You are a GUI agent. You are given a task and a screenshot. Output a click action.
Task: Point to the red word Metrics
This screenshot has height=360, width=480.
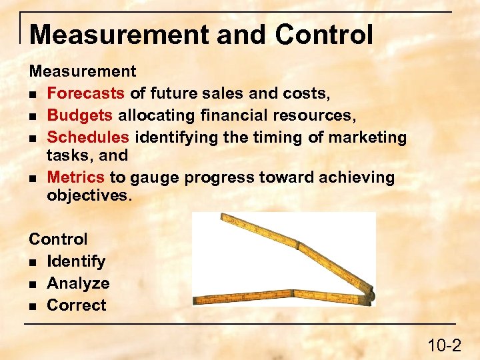(x=76, y=177)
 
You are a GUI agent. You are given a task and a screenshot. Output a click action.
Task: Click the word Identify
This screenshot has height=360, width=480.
(x=76, y=261)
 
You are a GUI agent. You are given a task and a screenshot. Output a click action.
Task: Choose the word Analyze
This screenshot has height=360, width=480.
(x=78, y=283)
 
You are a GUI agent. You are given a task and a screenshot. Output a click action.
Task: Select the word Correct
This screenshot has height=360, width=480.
(x=77, y=305)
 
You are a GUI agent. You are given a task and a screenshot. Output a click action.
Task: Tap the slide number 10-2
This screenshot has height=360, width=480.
(x=444, y=345)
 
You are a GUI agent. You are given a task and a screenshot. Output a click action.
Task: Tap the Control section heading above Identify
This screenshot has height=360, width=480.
(x=58, y=239)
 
